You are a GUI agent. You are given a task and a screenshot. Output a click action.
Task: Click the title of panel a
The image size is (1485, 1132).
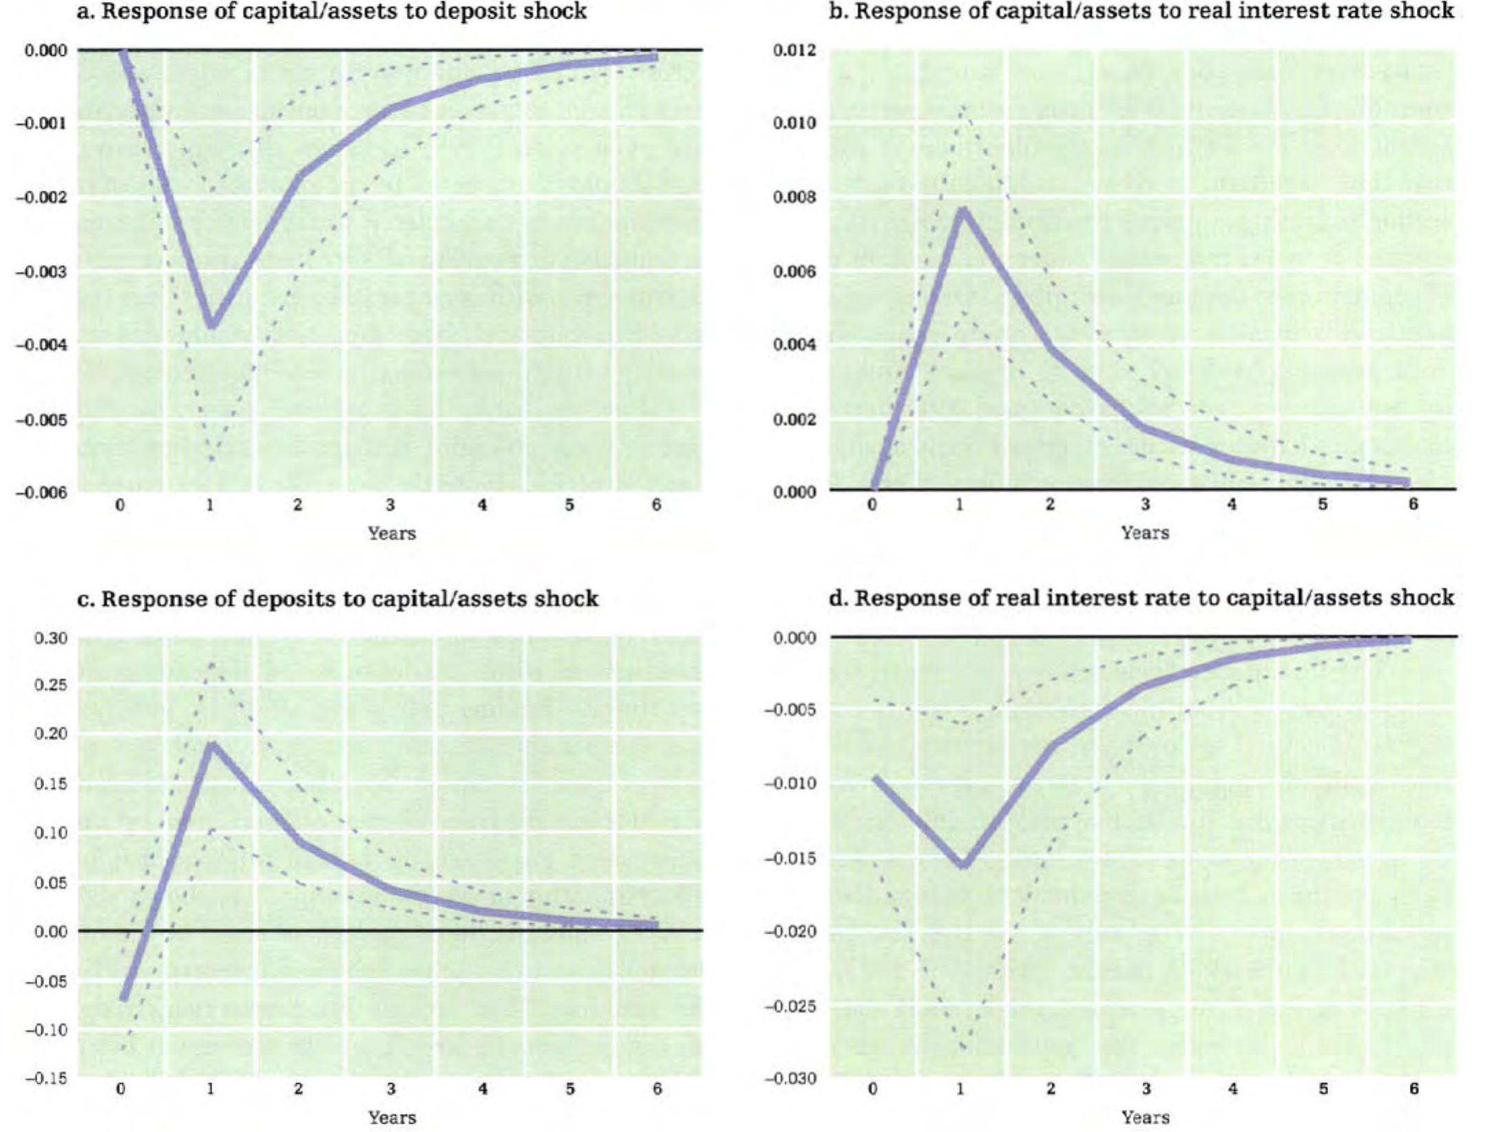tap(331, 12)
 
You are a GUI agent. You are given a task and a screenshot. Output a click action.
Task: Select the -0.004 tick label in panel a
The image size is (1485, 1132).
tap(42, 344)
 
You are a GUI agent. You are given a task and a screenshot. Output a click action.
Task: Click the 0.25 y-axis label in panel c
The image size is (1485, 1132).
tap(51, 685)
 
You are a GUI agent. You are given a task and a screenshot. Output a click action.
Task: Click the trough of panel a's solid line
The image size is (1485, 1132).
tap(212, 325)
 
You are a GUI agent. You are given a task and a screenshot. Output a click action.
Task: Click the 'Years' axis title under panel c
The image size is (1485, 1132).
tap(391, 1117)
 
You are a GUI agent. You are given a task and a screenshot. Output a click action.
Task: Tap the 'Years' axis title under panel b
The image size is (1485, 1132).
tap(1144, 532)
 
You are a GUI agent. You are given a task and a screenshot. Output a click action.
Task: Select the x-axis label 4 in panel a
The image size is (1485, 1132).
tap(482, 505)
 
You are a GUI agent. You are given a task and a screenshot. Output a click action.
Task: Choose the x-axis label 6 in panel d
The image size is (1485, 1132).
tap(1413, 1089)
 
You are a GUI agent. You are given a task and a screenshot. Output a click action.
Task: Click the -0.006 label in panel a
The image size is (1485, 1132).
tap(42, 492)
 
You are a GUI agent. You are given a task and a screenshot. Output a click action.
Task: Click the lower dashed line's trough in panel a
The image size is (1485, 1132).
tap(211, 459)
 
